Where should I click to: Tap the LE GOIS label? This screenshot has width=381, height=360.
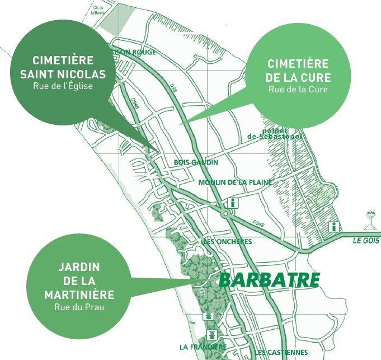[366, 240]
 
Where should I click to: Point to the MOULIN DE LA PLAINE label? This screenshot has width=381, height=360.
[235, 182]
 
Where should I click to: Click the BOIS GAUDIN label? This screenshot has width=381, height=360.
[196, 162]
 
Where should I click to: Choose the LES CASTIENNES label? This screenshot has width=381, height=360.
[281, 352]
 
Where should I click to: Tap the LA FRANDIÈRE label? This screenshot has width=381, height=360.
[203, 347]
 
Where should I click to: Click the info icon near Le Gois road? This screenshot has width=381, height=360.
[334, 227]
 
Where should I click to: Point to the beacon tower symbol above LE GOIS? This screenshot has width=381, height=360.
[369, 219]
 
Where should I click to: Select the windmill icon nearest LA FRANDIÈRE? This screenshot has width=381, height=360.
[211, 334]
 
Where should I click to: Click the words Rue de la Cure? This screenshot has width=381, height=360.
[298, 89]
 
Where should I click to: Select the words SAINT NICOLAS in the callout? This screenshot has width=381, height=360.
[63, 74]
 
